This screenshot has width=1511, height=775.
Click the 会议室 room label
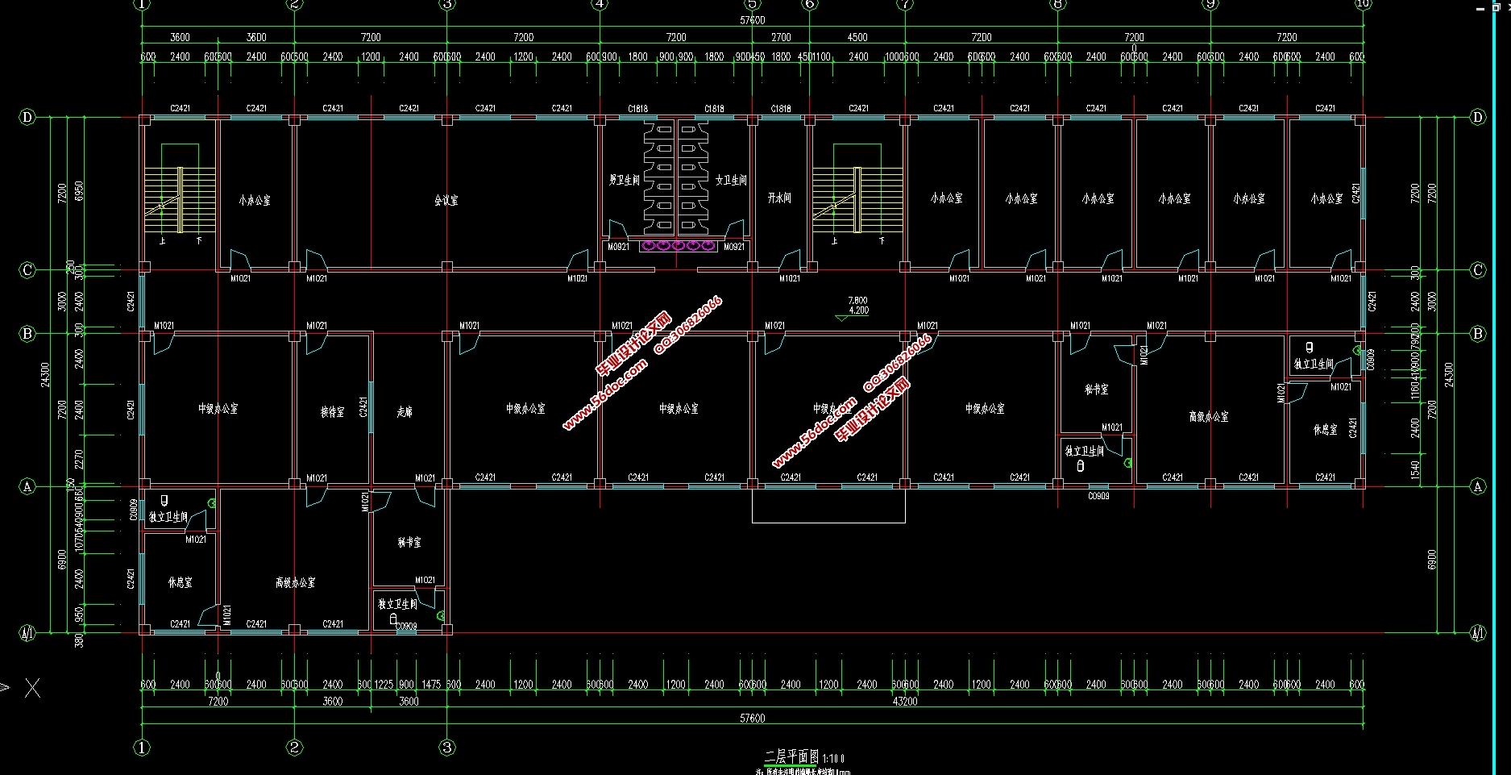446,200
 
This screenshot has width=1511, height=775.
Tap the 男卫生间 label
624,180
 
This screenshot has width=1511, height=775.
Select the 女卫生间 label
731,180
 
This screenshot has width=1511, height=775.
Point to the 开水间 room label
779,198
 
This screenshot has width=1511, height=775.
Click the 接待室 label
332,412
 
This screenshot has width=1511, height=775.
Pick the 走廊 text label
405,411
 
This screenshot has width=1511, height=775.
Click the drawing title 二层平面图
792,756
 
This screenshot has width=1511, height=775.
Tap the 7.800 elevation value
858,301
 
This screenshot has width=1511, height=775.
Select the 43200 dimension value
905,702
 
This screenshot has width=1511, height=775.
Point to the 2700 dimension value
781,37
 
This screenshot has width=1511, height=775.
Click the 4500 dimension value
857,37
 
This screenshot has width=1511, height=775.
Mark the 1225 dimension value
384,685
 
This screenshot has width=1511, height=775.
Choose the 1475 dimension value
431,685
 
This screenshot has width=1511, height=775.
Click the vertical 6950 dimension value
78,191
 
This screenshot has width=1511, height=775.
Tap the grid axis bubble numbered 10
1363,4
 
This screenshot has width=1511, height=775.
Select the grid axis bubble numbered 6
810,4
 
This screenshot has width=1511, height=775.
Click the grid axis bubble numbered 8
1058,4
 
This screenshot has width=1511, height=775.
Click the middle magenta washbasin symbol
678,245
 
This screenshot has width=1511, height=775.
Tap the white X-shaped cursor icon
32,688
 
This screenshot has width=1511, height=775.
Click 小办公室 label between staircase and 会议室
255,200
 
